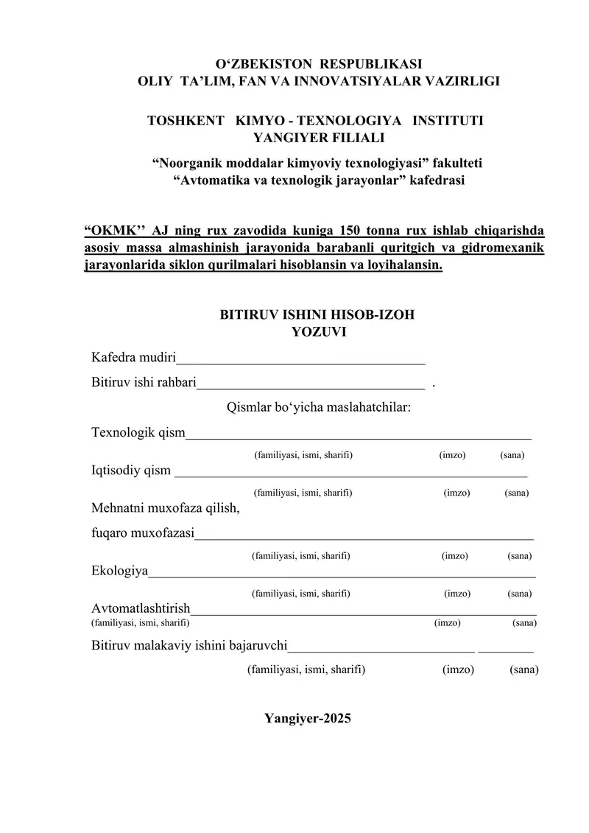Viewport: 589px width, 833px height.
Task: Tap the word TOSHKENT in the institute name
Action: (186, 119)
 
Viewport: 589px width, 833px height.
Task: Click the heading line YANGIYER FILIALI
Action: (318, 137)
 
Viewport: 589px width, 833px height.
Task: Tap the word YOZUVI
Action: (318, 332)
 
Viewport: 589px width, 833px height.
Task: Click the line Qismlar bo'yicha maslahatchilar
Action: (318, 407)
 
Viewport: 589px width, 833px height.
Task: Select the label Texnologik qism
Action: (138, 432)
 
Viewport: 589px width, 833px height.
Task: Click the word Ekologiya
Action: (119, 571)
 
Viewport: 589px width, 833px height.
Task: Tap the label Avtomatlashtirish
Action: (141, 609)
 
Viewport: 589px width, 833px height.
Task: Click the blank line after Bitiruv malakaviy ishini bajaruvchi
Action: (381, 650)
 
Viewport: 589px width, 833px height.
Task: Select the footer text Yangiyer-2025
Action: (308, 719)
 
